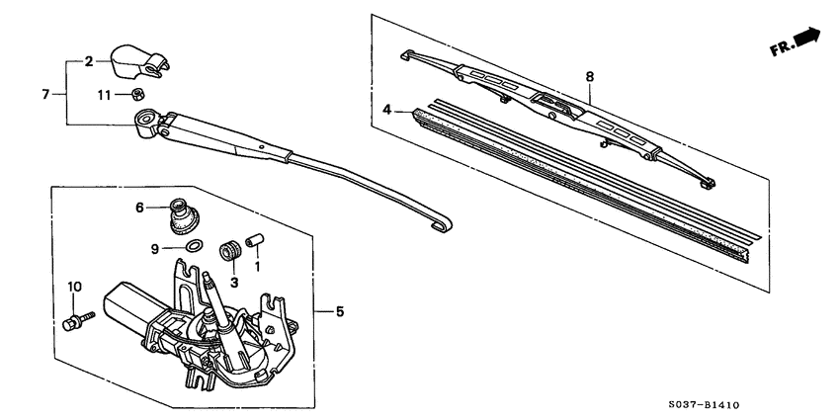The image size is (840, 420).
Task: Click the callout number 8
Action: (x=590, y=75)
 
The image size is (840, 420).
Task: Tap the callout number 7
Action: (x=45, y=94)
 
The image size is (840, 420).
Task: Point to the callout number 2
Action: (x=88, y=61)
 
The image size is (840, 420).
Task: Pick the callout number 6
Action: (x=139, y=207)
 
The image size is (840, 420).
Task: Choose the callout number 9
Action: (x=154, y=249)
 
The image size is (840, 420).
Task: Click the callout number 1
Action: (x=258, y=265)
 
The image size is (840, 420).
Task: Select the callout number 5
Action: (x=339, y=312)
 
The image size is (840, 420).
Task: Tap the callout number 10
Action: (x=71, y=287)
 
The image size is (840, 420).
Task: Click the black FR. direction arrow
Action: (x=805, y=38)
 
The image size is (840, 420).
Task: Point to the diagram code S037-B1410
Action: (x=745, y=404)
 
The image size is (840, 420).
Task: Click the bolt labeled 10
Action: (x=76, y=320)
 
